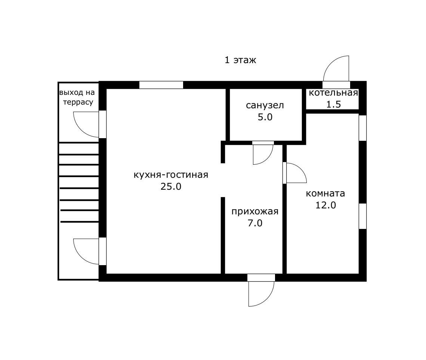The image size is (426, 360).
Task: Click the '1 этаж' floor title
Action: (x=240, y=60)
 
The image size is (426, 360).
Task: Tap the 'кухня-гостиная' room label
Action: (x=171, y=174)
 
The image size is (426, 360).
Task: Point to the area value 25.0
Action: (x=171, y=187)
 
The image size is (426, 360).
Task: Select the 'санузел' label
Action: (x=265, y=105)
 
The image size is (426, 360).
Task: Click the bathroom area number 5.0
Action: (x=265, y=117)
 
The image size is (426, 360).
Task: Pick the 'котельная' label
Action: (x=333, y=93)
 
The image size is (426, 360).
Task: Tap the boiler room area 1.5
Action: (x=333, y=105)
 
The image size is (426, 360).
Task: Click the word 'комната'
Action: (x=325, y=193)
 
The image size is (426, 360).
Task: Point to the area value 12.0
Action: (x=325, y=205)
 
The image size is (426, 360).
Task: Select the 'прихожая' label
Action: (x=255, y=211)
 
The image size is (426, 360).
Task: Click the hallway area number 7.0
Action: (x=255, y=223)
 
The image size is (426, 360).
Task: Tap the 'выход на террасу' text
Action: (x=77, y=97)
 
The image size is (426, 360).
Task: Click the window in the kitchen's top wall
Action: (x=161, y=85)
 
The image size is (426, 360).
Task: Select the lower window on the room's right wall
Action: (x=363, y=216)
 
